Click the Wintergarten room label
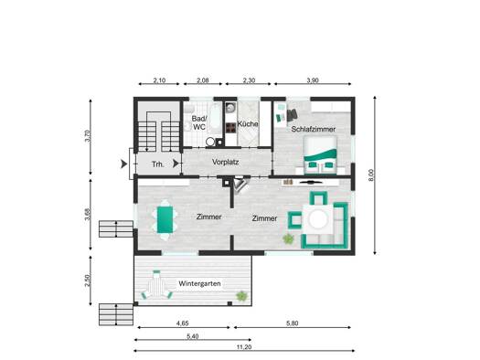tap(199, 283)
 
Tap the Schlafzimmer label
tap(314, 129)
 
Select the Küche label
tap(248, 124)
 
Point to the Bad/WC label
tap(199, 122)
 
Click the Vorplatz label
tap(225, 162)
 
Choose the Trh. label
tap(158, 164)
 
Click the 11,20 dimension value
tap(244, 347)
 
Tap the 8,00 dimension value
tap(371, 175)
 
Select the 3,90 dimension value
tap(313, 80)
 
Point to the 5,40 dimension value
tap(193, 336)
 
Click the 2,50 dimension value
tap(88, 281)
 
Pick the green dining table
tap(165, 219)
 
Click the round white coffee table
tap(318, 219)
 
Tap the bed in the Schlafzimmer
tap(320, 155)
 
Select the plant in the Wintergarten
tap(241, 295)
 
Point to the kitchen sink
tap(230, 108)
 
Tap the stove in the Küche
tap(230, 128)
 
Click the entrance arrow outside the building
tap(123, 164)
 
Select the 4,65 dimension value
tap(183, 323)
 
